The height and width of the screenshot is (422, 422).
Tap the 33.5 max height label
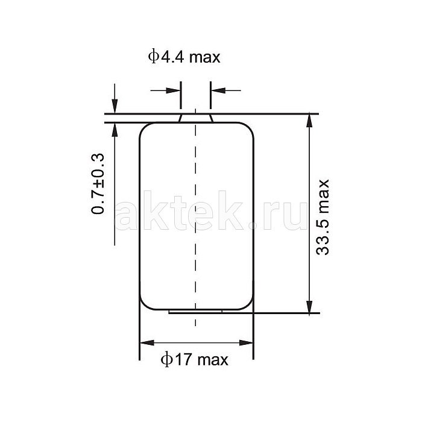pyautogui.click(x=323, y=217)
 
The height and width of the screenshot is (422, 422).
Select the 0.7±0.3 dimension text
pyautogui.click(x=98, y=183)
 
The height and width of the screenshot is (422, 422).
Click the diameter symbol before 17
pyautogui.click(x=166, y=359)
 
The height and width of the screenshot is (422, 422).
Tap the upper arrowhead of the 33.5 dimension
pyautogui.click(x=309, y=121)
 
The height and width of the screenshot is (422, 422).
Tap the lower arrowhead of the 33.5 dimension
pyautogui.click(x=309, y=307)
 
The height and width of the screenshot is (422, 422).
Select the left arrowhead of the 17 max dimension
pyautogui.click(x=147, y=342)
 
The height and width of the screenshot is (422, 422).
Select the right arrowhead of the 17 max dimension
pyautogui.click(x=246, y=342)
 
